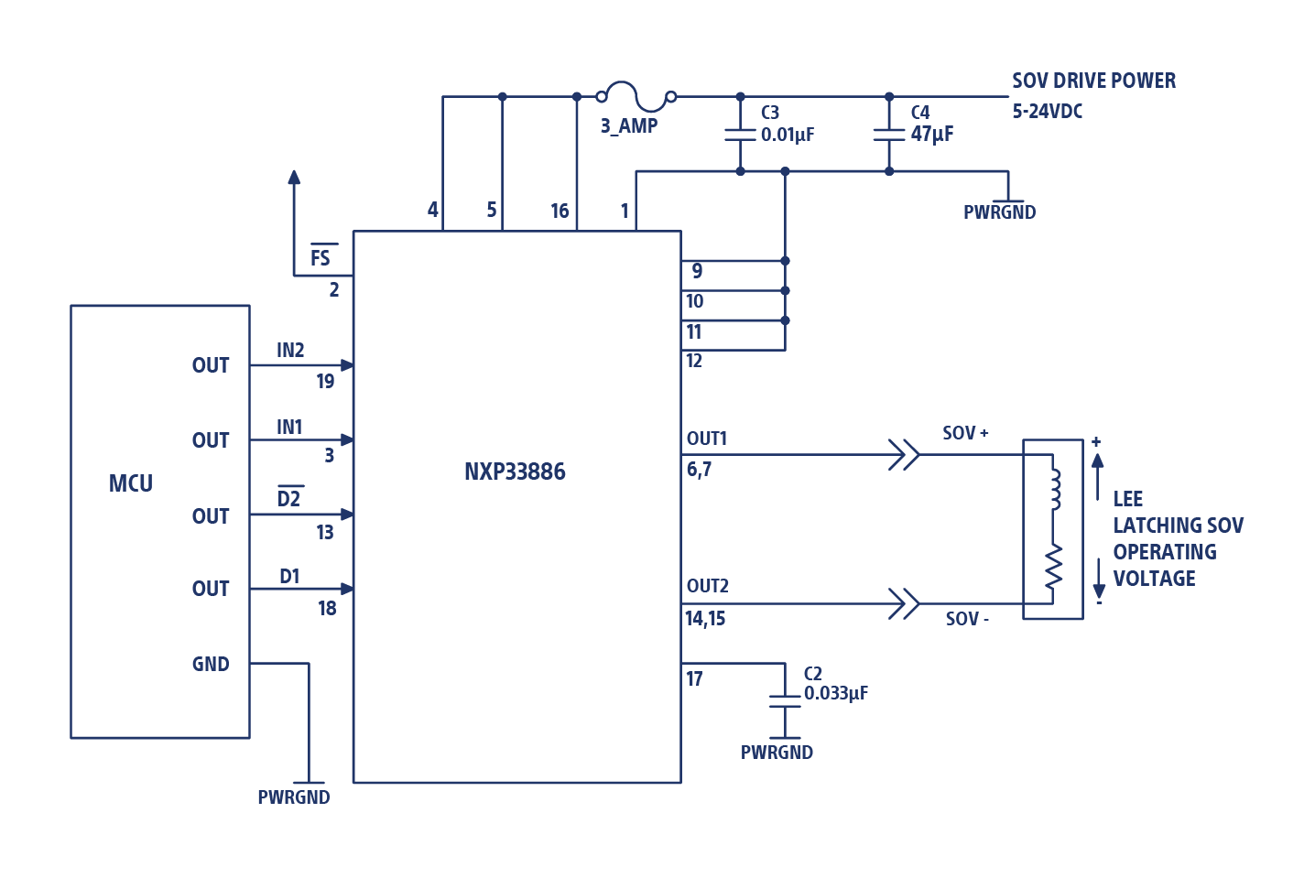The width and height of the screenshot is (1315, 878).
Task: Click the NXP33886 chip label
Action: (515, 472)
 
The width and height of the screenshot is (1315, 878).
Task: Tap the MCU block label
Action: (131, 483)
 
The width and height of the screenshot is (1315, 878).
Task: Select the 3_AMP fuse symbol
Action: (636, 93)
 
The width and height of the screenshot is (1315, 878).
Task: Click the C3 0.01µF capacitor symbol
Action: (740, 135)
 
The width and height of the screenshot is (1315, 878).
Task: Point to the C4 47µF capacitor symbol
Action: (888, 135)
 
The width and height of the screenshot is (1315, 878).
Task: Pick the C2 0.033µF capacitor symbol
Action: (784, 701)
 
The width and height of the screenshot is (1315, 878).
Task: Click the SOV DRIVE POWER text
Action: (1093, 81)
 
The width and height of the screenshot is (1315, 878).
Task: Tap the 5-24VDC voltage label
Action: (1047, 112)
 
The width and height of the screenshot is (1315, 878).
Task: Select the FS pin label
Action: (320, 257)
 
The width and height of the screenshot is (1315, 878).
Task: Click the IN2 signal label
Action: (290, 350)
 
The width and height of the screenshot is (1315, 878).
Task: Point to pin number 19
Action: (325, 381)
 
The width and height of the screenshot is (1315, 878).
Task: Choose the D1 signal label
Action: (289, 576)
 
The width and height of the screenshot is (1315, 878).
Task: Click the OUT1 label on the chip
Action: (706, 439)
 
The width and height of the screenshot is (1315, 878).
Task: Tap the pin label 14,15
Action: (705, 619)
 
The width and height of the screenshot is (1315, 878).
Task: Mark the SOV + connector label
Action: (965, 433)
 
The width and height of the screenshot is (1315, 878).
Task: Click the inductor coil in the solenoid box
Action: (1054, 490)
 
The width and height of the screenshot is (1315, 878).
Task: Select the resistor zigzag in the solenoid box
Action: (1054, 565)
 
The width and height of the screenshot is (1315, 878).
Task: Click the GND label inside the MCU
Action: (211, 664)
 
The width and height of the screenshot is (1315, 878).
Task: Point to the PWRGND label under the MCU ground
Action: (293, 797)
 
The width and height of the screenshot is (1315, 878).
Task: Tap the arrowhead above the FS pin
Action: (294, 178)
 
